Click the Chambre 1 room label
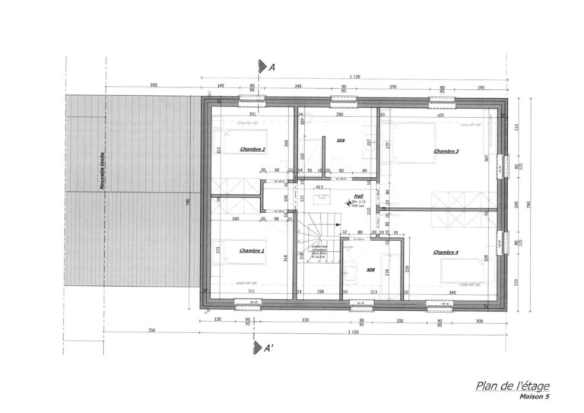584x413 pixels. tap(252, 250)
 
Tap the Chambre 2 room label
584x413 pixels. tap(252, 150)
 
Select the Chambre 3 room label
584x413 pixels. tap(446, 151)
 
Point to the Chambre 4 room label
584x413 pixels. tap(446, 252)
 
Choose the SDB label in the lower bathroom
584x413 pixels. tap(371, 269)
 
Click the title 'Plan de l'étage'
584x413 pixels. tap(512, 386)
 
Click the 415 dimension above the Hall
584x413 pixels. tap(319, 186)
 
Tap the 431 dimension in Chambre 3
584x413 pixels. tap(440, 115)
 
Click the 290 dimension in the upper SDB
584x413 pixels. tap(340, 115)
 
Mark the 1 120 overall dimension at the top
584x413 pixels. tap(354, 77)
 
